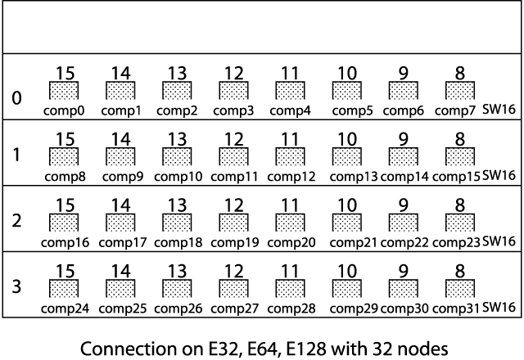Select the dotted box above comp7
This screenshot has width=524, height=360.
460,90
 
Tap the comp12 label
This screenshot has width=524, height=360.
291,175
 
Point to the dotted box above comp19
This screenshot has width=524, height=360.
234,222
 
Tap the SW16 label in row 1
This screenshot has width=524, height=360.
498,174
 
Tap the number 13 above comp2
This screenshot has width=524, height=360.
178,73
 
